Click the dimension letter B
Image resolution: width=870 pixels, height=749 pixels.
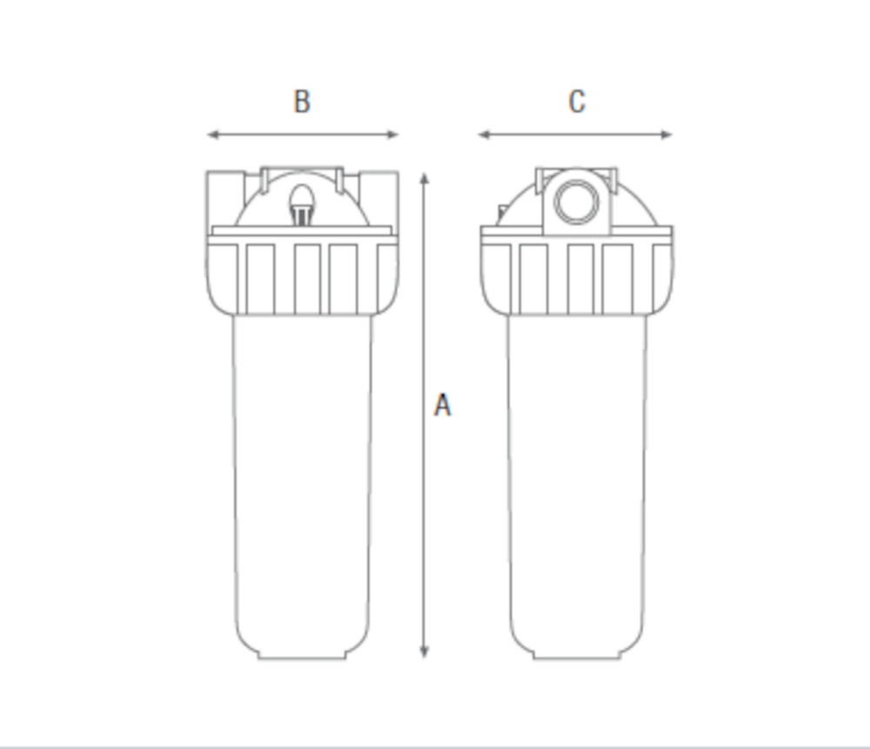pos(302,102)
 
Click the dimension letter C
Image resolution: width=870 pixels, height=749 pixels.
pos(577,102)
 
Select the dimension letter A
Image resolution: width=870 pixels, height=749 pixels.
pos(442,405)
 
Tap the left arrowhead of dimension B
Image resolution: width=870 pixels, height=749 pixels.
pos(213,134)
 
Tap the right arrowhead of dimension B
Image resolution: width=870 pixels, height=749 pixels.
pos(392,134)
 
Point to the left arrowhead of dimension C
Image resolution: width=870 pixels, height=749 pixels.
pos(485,134)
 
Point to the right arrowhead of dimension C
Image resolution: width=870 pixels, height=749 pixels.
pos(666,134)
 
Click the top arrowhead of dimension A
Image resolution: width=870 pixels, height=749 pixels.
pos(425,179)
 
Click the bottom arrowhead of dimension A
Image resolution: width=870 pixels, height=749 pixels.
pos(425,651)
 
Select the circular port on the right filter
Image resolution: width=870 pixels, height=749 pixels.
pos(577,201)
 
